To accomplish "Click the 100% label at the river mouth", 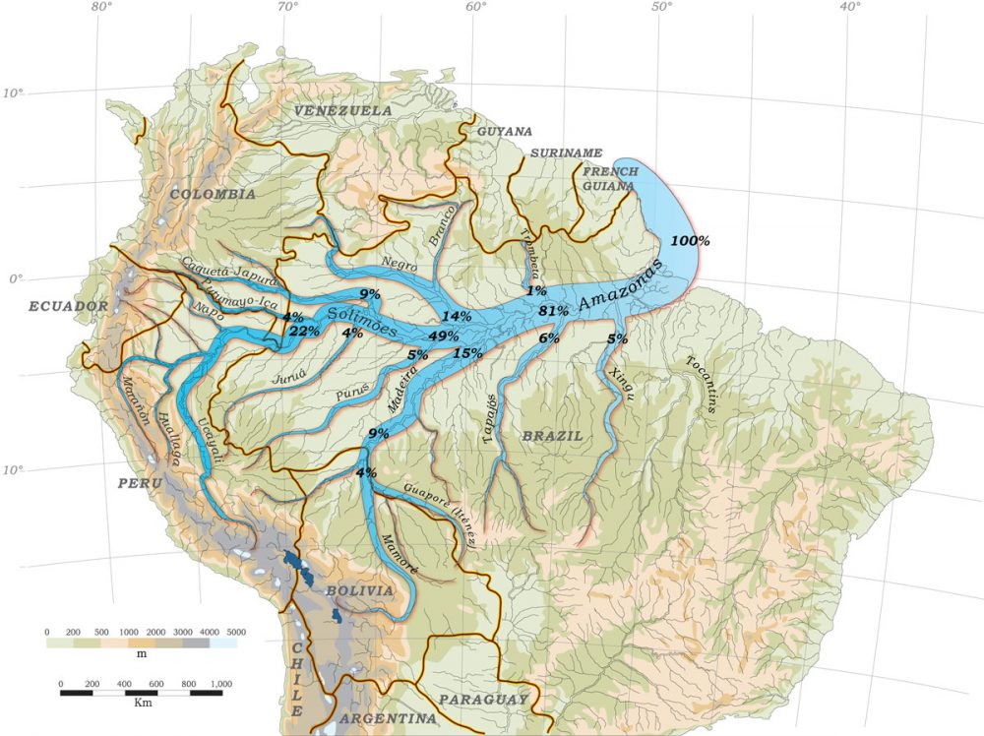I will pyautogui.click(x=690, y=241).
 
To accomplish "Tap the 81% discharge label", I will pyautogui.click(x=553, y=311).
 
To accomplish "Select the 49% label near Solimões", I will pyautogui.click(x=444, y=336).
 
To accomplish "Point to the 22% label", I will pyautogui.click(x=304, y=332).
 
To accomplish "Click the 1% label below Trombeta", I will pyautogui.click(x=535, y=290).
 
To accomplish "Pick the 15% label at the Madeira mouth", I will pyautogui.click(x=467, y=353).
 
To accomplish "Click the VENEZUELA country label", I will pyautogui.click(x=342, y=111).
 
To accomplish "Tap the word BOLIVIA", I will pyautogui.click(x=359, y=590).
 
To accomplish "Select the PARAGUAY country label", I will pyautogui.click(x=483, y=699).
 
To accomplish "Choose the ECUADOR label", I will pyautogui.click(x=68, y=306).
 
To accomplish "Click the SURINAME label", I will pyautogui.click(x=566, y=153).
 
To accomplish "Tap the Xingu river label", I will pyautogui.click(x=621, y=383).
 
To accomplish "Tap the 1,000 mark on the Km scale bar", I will pyautogui.click(x=219, y=683).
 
